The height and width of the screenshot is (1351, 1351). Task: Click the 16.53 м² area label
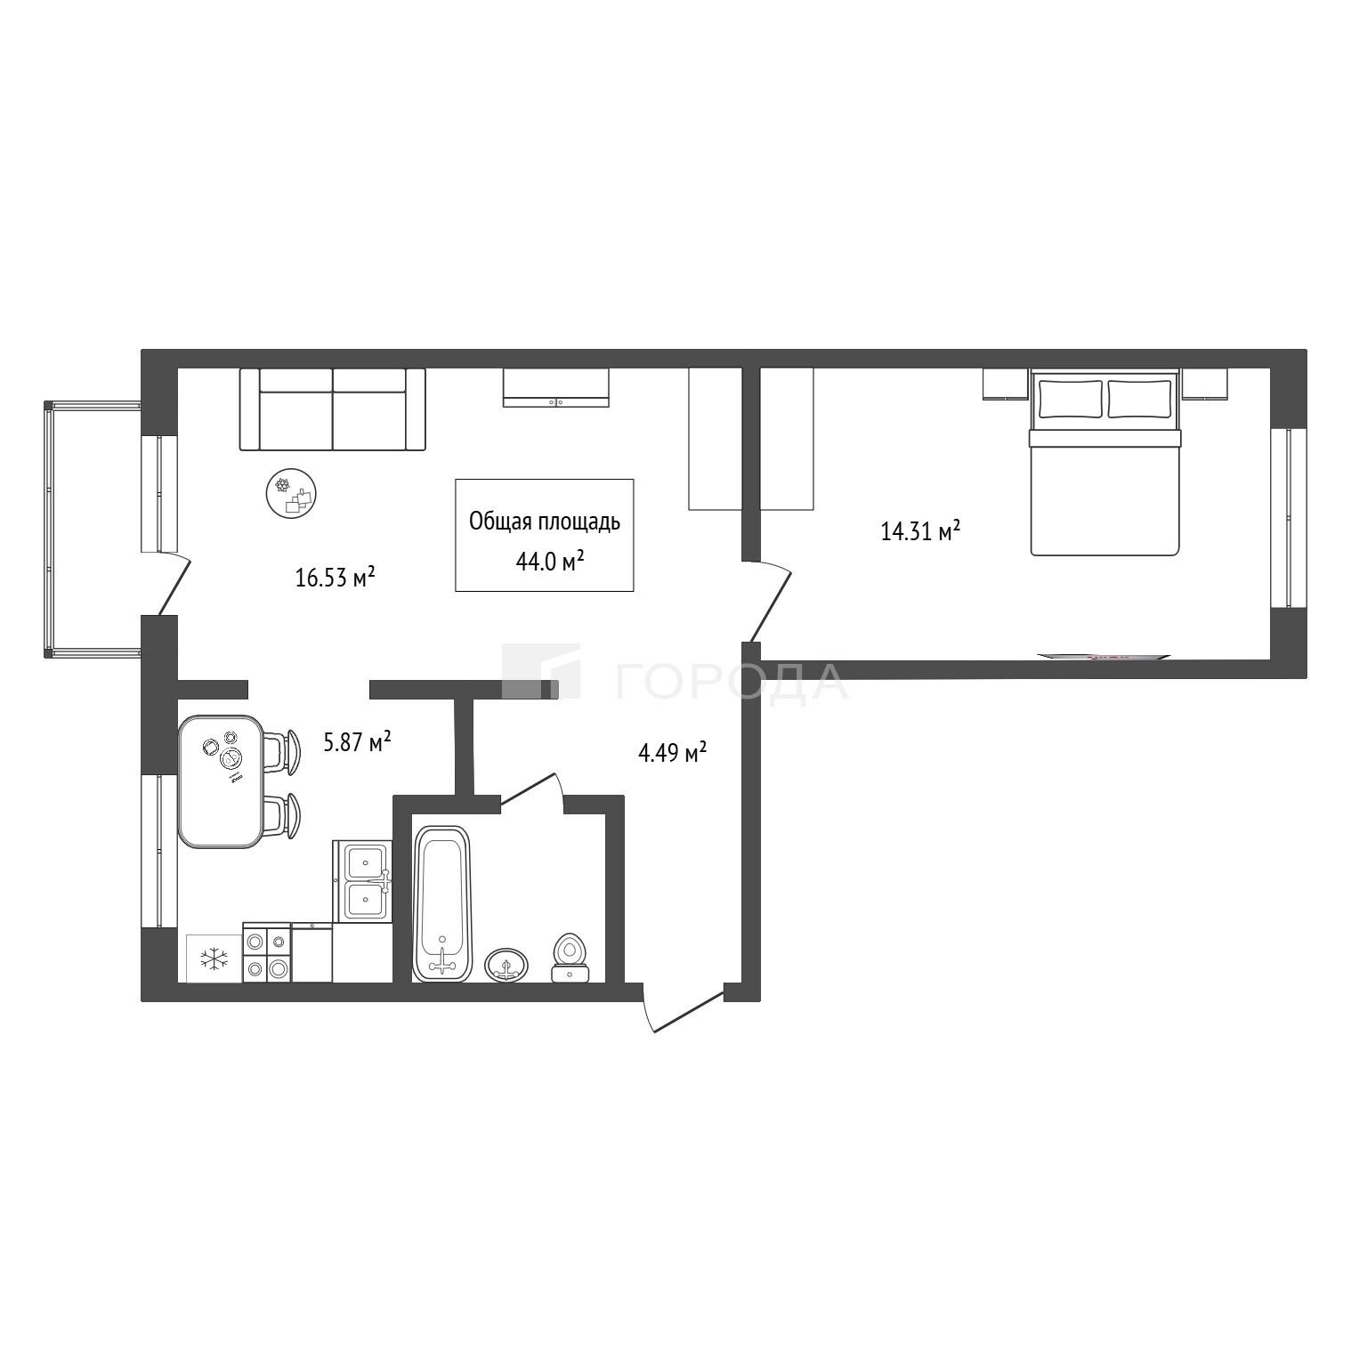(x=335, y=578)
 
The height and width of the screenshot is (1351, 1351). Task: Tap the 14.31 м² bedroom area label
(x=920, y=531)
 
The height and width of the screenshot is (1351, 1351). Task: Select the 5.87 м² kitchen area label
(x=358, y=741)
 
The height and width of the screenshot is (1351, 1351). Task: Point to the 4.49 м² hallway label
(x=673, y=753)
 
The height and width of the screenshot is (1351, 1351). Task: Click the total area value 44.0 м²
(x=549, y=561)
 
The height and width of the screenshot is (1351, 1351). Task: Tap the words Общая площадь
(x=545, y=522)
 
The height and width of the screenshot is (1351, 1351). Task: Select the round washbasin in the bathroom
(x=506, y=964)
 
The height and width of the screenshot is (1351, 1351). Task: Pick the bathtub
(x=441, y=903)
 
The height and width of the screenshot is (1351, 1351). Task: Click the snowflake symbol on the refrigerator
(x=214, y=959)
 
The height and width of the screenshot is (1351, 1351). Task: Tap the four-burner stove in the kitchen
(x=267, y=952)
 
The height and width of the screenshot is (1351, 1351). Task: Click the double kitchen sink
(x=364, y=881)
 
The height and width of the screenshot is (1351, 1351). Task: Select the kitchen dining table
(x=222, y=781)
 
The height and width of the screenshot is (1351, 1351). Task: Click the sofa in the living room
(x=333, y=409)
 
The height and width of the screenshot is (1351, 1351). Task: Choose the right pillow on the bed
(x=1140, y=399)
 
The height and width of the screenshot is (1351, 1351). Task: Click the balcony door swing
(x=174, y=584)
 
